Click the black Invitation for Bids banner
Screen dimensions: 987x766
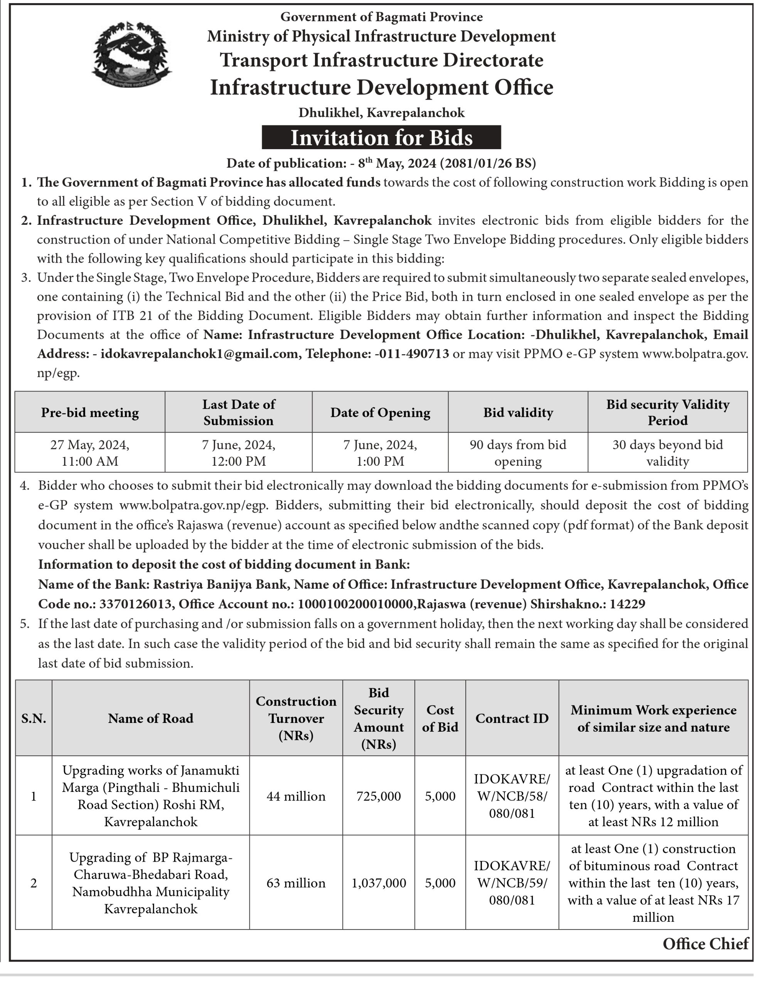pyautogui.click(x=381, y=137)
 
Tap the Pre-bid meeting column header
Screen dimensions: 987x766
pyautogui.click(x=90, y=412)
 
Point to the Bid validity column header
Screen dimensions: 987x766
pyautogui.click(x=518, y=412)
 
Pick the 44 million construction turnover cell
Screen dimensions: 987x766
pyautogui.click(x=296, y=796)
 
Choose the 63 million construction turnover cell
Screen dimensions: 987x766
pyautogui.click(x=296, y=883)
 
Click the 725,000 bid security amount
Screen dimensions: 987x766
pyautogui.click(x=378, y=796)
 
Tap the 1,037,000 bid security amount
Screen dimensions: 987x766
pyautogui.click(x=378, y=883)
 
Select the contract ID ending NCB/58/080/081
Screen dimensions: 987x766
pyautogui.click(x=512, y=796)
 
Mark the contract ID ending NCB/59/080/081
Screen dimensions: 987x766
pyautogui.click(x=512, y=883)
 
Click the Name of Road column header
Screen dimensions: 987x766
pyautogui.click(x=150, y=718)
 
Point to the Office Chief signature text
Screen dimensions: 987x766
pyautogui.click(x=705, y=943)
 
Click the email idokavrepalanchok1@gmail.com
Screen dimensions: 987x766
pyautogui.click(x=199, y=354)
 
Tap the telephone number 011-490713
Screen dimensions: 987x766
pyautogui.click(x=412, y=354)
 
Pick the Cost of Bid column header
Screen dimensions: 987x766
pyautogui.click(x=440, y=718)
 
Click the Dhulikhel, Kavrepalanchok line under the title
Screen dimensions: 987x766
pyautogui.click(x=381, y=112)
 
